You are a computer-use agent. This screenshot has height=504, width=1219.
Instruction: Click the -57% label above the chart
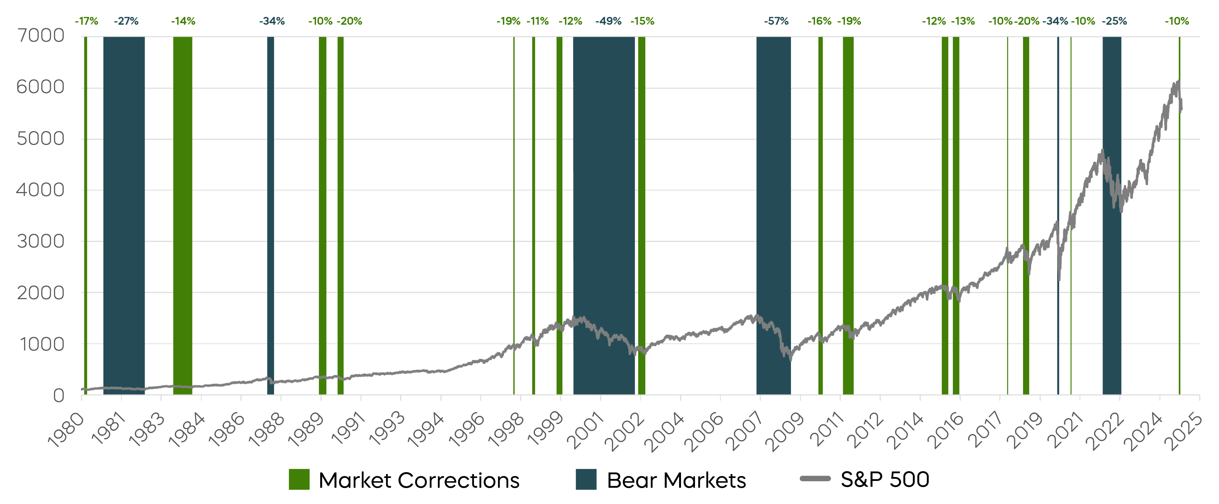click(776, 21)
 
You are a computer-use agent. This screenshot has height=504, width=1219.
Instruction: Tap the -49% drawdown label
click(608, 21)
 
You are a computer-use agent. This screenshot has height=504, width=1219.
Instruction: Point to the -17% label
click(86, 21)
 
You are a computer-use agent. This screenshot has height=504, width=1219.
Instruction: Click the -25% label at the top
click(1114, 21)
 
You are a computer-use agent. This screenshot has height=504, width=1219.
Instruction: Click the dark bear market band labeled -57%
click(773, 213)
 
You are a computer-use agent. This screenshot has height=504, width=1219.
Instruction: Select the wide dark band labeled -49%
click(604, 213)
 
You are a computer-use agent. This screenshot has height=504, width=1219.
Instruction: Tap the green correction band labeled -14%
click(183, 213)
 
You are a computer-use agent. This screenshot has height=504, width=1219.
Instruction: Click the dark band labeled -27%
click(124, 213)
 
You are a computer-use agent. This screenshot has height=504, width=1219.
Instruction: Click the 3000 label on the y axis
click(40, 241)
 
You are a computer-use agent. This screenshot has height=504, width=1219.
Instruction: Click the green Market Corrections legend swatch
click(299, 479)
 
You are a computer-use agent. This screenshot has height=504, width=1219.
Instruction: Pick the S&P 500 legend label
click(885, 479)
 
